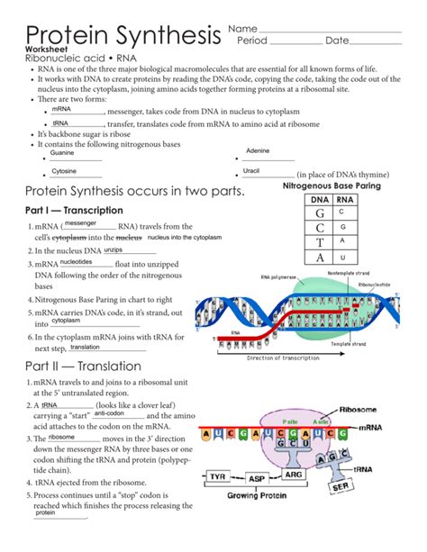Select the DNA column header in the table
[x=319, y=200]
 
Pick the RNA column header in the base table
[x=344, y=200]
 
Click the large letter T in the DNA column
[x=319, y=241]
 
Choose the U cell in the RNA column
[x=343, y=257]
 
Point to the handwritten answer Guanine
[x=62, y=153]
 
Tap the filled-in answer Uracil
[x=251, y=170]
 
